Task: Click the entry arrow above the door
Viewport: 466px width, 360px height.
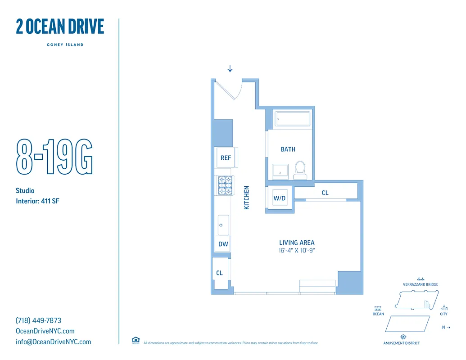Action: tap(230, 69)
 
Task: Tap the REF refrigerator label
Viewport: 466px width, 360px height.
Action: tap(226, 158)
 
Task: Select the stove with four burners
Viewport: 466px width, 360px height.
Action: tap(225, 185)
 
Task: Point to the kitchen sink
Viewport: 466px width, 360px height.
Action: tap(223, 225)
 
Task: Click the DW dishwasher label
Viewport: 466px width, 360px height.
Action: tap(223, 244)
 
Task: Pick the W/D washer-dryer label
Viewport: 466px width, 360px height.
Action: tap(280, 198)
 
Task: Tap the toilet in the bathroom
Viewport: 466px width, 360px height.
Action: tap(300, 170)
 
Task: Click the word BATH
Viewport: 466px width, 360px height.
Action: tap(288, 149)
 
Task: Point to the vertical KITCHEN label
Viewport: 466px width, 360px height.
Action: tap(247, 198)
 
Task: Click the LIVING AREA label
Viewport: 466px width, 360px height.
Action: tap(297, 243)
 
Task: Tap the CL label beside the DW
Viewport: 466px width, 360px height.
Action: tap(220, 273)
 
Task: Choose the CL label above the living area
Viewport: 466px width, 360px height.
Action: tap(325, 193)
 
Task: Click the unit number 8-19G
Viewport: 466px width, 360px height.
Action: tap(54, 157)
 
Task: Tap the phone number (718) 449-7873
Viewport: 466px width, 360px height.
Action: tap(39, 321)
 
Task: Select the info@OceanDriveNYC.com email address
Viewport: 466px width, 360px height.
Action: tap(53, 342)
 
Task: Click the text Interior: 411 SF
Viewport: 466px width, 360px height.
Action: tap(37, 201)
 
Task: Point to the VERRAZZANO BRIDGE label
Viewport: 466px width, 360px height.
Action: tap(421, 284)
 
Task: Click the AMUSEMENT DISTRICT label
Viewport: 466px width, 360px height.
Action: tap(402, 343)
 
